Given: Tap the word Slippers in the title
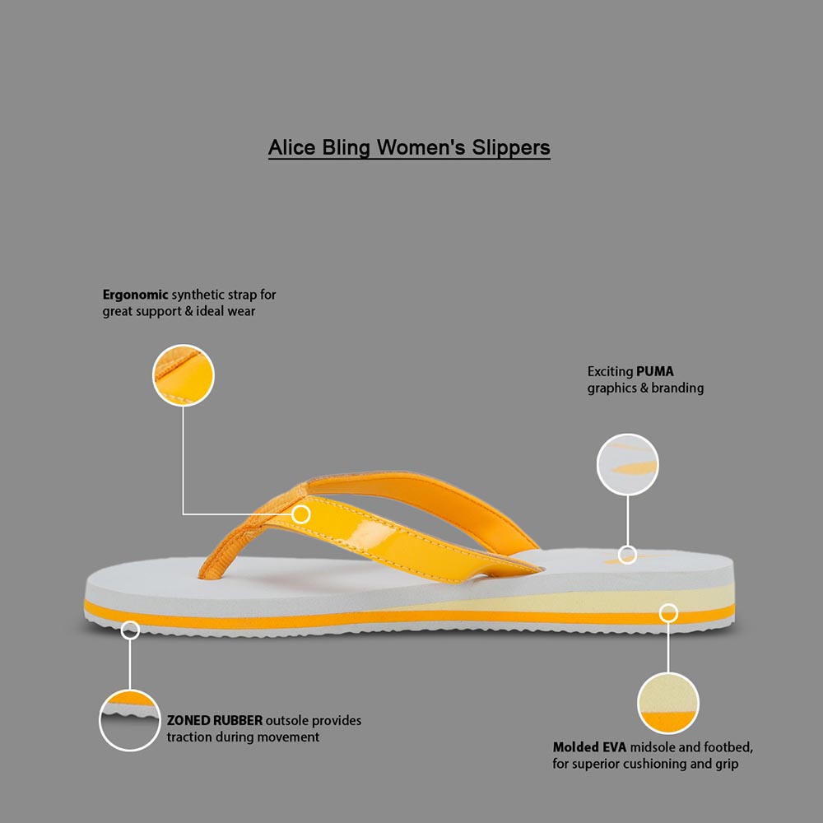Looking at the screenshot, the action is tap(511, 148).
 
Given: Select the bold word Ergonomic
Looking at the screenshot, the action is tap(135, 295).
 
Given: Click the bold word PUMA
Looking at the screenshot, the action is tap(655, 372).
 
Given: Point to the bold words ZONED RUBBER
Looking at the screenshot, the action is tap(215, 720).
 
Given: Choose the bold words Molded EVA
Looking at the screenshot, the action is tap(589, 747).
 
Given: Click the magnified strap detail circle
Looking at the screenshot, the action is tap(184, 375).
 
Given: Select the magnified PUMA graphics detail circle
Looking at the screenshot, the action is tap(627, 464).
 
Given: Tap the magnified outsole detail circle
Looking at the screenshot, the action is tap(130, 720).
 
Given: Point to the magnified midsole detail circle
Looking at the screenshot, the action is tap(668, 704).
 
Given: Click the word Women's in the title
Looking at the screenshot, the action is tap(421, 147).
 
